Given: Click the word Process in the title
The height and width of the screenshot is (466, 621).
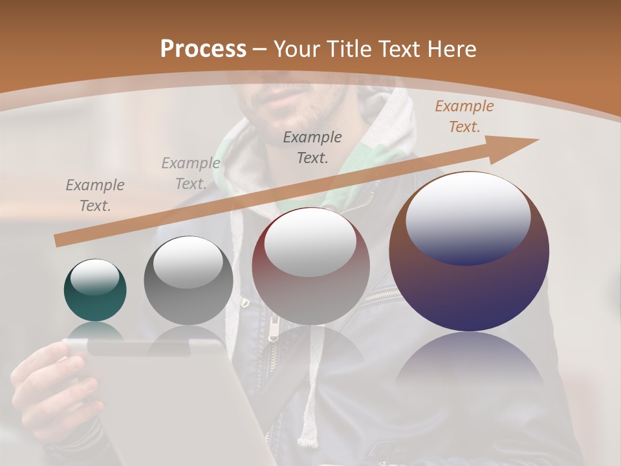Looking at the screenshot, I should tap(203, 49).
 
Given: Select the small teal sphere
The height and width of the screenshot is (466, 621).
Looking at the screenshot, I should tap(95, 291).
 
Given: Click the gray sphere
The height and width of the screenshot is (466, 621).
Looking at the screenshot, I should tap(188, 281).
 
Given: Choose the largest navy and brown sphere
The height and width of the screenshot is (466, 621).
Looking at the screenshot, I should tap(469, 252).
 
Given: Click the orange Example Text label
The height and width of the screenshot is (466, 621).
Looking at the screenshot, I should tap(464, 116).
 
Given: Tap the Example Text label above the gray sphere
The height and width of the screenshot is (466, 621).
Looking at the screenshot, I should tap(190, 173).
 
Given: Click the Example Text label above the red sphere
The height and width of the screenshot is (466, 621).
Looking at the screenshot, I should tap(312, 147).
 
